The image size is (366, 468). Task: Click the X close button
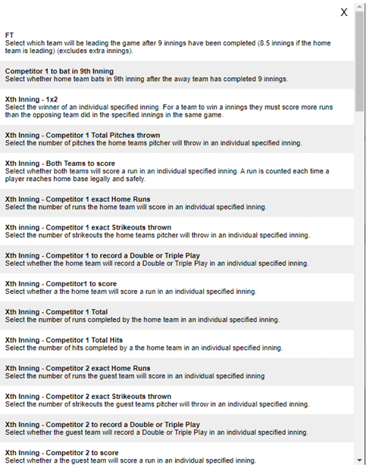[344, 12]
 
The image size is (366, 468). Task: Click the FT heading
[9, 36]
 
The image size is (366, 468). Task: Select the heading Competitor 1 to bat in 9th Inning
[59, 71]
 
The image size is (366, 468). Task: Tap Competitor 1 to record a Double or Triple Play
[102, 256]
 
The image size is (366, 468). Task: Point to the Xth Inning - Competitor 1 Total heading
[56, 312]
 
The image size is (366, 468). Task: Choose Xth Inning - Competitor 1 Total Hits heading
[64, 340]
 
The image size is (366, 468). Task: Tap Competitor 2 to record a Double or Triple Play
[102, 424]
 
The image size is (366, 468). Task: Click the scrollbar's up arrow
[359, 7]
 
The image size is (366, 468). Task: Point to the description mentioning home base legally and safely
[76, 179]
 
